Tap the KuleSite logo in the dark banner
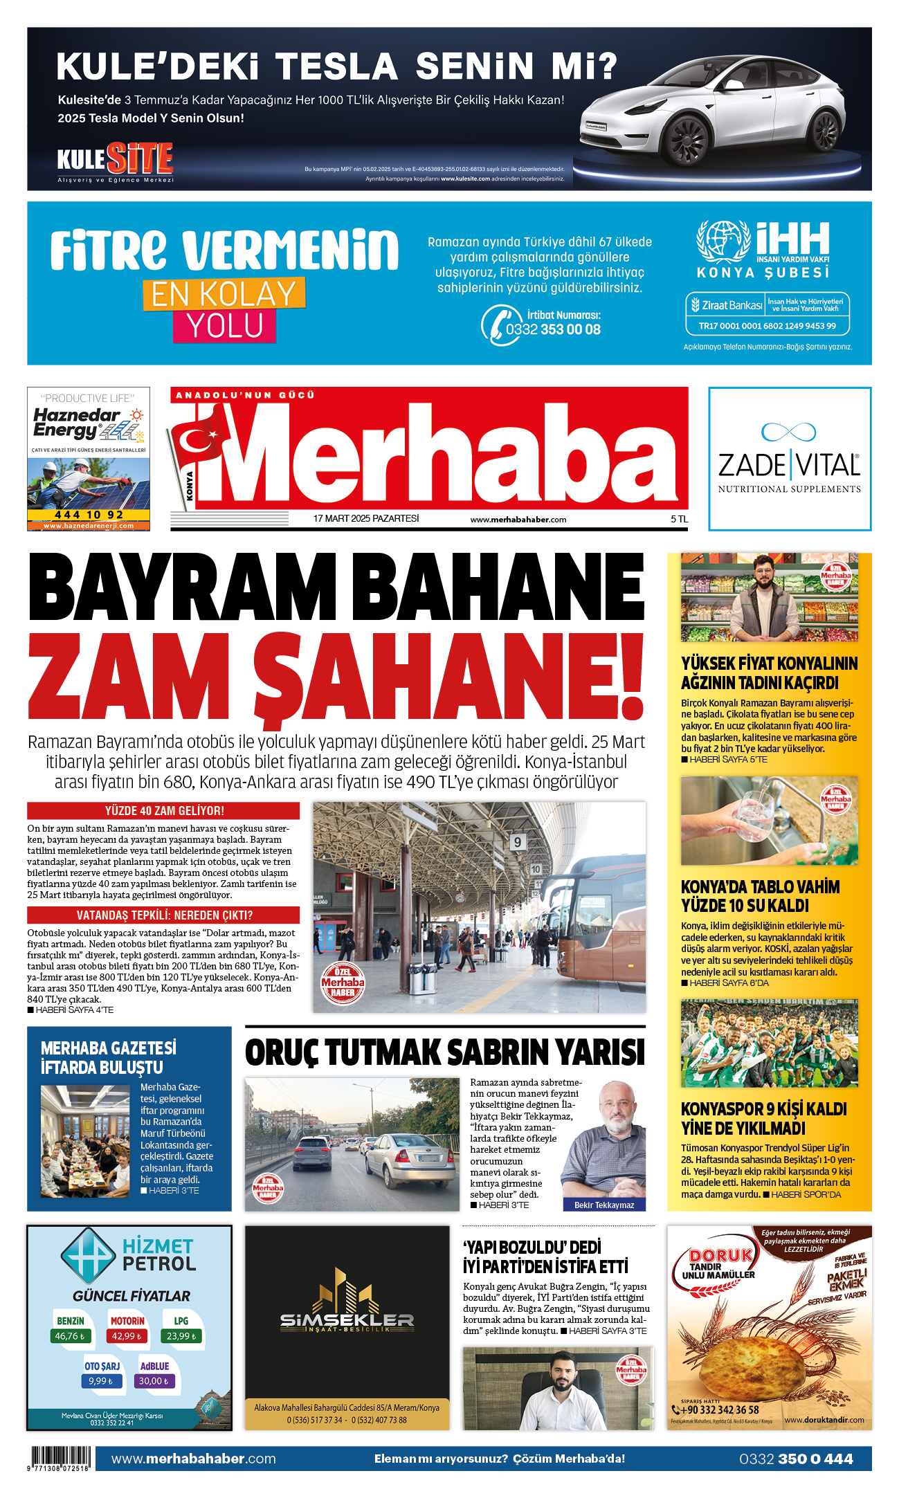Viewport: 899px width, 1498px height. click(115, 160)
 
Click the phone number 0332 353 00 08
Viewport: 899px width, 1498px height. click(553, 329)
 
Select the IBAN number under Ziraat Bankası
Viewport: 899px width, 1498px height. click(767, 326)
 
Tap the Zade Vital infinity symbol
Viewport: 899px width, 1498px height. click(788, 432)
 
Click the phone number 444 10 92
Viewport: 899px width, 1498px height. click(89, 515)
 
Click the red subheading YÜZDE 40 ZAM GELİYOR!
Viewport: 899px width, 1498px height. click(164, 810)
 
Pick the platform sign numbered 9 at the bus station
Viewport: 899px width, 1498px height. click(517, 842)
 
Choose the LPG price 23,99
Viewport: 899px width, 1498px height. click(181, 1336)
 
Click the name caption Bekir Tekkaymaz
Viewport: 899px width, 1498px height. click(603, 1205)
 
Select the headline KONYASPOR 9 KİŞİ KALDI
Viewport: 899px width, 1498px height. click(763, 1109)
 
